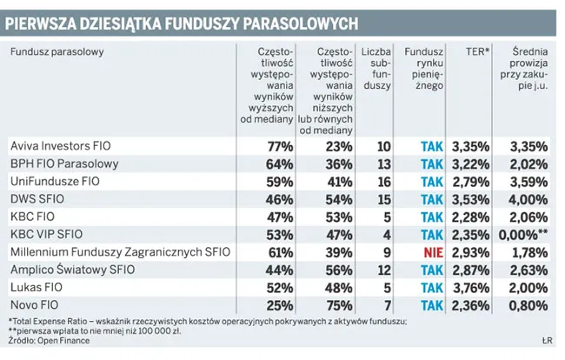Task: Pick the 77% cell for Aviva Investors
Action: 280,145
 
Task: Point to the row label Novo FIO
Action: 34,305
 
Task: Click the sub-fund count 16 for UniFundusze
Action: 383,181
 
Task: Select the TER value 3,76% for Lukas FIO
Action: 470,288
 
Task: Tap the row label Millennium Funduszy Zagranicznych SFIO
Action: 120,252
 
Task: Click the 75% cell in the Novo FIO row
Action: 336,305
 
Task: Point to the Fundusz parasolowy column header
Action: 57,52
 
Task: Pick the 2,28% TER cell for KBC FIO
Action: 470,217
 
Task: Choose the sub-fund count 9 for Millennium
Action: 386,252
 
